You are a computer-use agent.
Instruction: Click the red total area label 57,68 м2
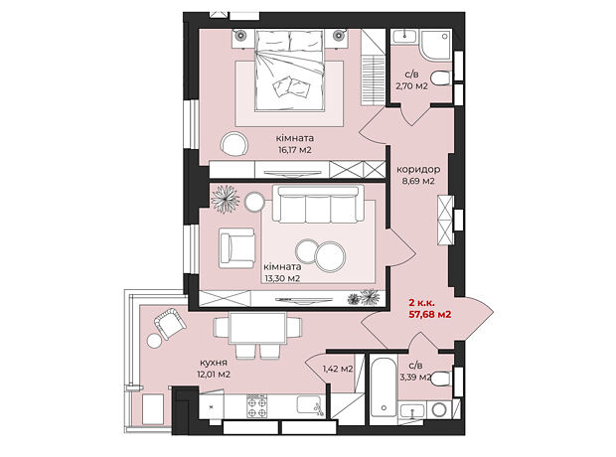[x=430, y=315]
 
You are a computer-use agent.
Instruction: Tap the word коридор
[x=418, y=170]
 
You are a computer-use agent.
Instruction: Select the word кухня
[x=214, y=363]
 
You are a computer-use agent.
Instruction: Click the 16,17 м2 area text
[x=295, y=150]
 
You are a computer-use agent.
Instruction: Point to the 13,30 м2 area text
[x=282, y=278]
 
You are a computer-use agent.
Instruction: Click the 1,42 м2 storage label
[x=338, y=369]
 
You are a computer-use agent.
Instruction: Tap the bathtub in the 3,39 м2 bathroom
[x=384, y=387]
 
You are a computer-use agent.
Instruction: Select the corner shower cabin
[x=436, y=45]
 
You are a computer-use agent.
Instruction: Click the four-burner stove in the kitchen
[x=257, y=405]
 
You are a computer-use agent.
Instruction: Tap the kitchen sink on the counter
[x=309, y=404]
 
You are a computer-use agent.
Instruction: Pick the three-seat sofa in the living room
[x=318, y=204]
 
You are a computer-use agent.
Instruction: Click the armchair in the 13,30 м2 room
[x=236, y=248]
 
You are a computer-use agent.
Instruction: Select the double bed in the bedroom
[x=290, y=71]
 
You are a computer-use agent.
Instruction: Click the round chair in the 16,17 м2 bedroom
[x=233, y=144]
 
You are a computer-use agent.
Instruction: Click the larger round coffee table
[x=330, y=257]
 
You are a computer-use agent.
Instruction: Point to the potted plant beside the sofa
[x=226, y=199]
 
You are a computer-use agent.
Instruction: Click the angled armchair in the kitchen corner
[x=170, y=323]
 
